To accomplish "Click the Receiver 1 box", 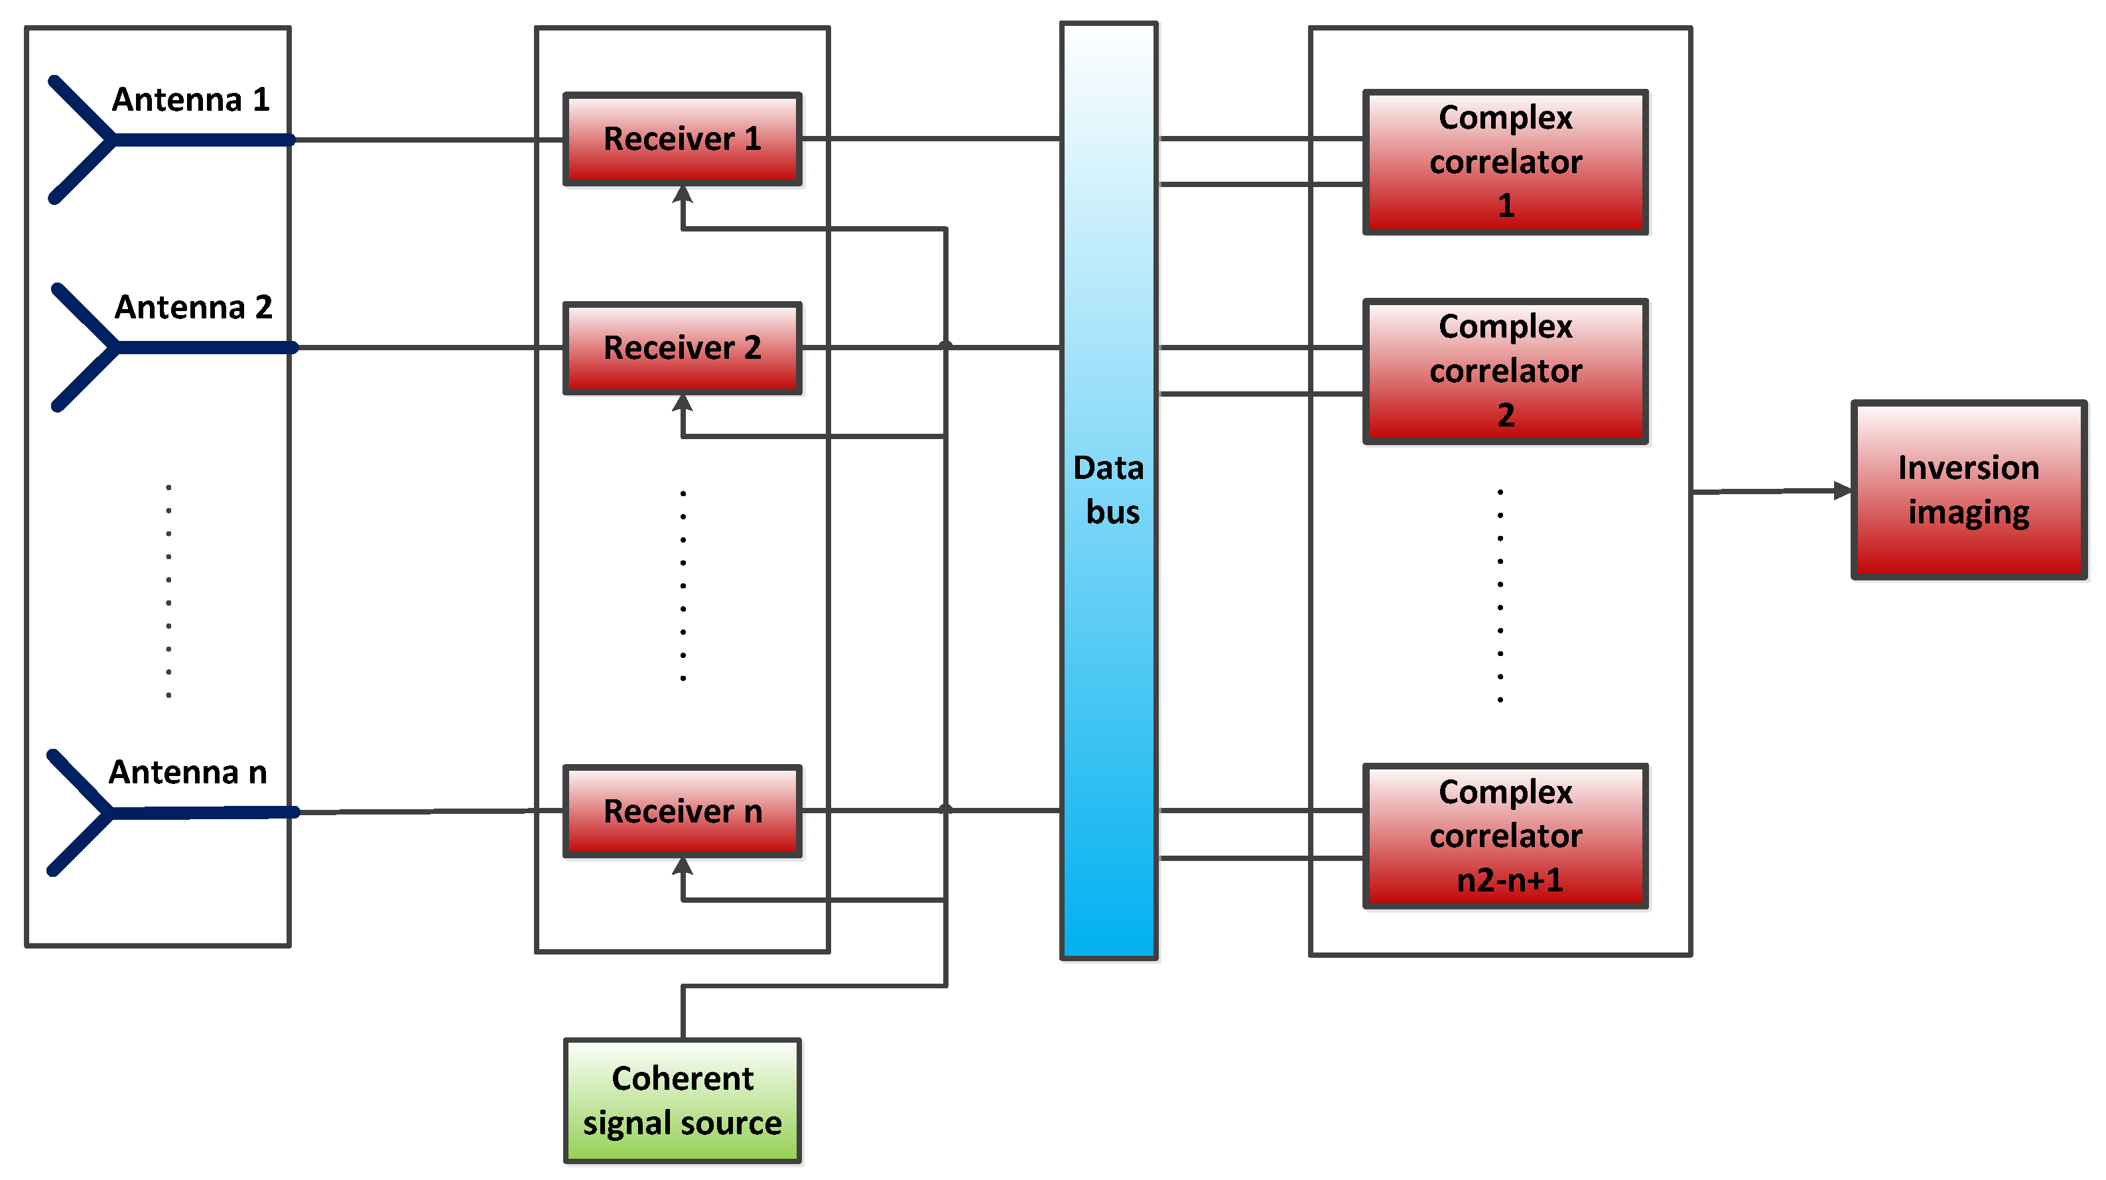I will pyautogui.click(x=682, y=139).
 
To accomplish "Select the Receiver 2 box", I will pyautogui.click(x=682, y=348).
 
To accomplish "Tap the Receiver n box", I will pyautogui.click(x=682, y=811).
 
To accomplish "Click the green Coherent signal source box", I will pyautogui.click(x=682, y=1100).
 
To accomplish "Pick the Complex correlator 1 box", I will pyautogui.click(x=1504, y=162).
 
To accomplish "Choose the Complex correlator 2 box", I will pyautogui.click(x=1504, y=371).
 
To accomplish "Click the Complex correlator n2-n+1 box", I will pyautogui.click(x=1504, y=836).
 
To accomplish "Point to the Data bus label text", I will pyautogui.click(x=1108, y=490).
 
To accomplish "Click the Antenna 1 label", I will pyautogui.click(x=190, y=99).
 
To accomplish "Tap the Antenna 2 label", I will pyautogui.click(x=193, y=308).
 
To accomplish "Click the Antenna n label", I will pyautogui.click(x=188, y=772).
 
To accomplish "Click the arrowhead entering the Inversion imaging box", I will pyautogui.click(x=1842, y=491).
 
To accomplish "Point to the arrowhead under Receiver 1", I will pyautogui.click(x=683, y=194).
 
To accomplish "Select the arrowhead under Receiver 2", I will pyautogui.click(x=683, y=403).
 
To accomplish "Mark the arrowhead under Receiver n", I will pyautogui.click(x=683, y=867).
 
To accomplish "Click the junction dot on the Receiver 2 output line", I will pyautogui.click(x=945, y=346).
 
